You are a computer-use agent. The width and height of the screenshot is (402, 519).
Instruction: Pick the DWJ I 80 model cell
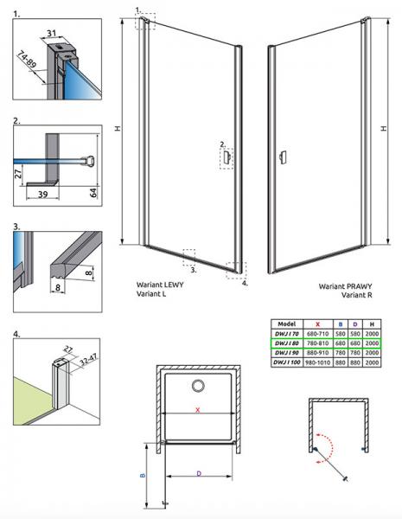286,343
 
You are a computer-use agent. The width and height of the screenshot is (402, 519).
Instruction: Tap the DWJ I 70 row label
286,332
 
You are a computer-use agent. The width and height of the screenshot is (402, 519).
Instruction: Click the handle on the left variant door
226,157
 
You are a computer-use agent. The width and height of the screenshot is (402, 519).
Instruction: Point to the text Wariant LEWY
160,283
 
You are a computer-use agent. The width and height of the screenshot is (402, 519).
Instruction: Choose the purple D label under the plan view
199,472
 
